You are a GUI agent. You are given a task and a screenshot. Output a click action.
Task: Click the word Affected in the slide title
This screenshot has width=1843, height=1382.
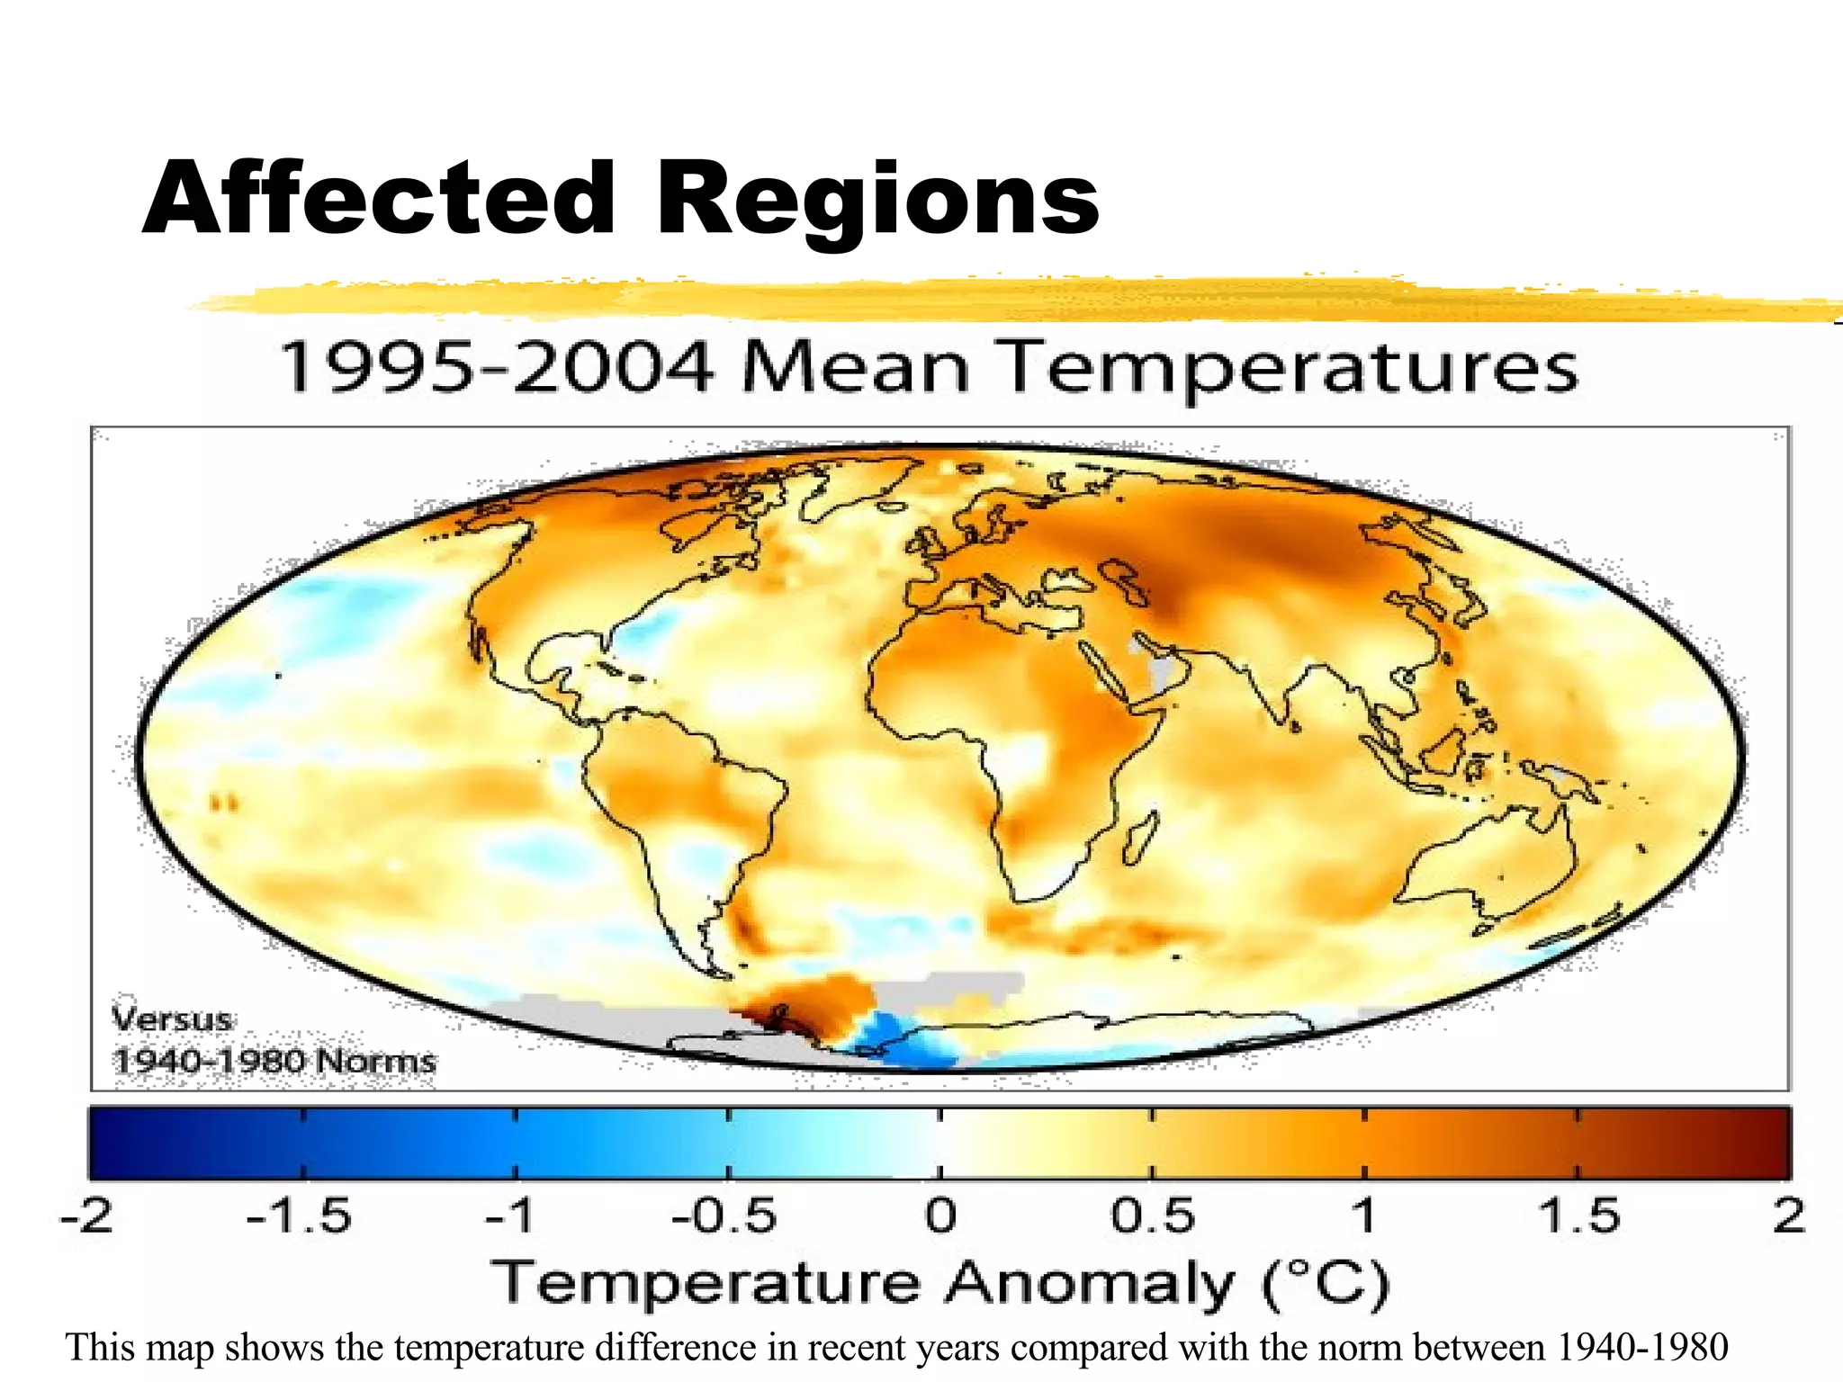point(378,200)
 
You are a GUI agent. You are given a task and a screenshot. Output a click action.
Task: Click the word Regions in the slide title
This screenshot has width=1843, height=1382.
point(877,200)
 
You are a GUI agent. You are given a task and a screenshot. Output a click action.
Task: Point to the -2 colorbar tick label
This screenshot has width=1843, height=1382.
point(87,1216)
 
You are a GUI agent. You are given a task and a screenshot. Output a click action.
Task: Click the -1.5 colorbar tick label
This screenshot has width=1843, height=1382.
point(299,1216)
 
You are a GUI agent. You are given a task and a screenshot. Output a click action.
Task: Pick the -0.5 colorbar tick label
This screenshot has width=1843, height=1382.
point(724,1216)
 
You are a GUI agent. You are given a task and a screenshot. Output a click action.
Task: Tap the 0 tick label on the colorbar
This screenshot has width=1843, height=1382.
point(940,1216)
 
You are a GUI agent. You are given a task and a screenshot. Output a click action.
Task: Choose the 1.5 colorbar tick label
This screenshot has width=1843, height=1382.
point(1578,1216)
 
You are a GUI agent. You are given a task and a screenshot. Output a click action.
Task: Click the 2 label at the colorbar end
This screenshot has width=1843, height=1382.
point(1789,1216)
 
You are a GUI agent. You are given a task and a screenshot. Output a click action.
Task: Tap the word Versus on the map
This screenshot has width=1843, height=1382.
point(172,1019)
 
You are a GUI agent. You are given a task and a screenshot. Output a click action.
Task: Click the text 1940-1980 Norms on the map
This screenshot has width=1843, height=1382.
point(274,1061)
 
